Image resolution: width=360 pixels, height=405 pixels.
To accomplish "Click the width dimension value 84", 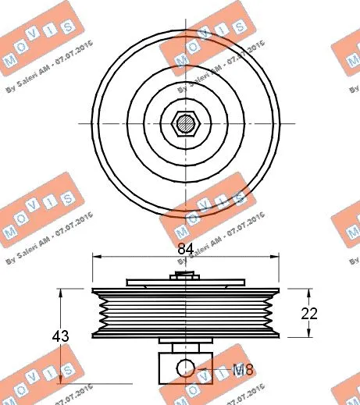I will (184, 249).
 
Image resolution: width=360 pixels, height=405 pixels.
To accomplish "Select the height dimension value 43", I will (60, 336).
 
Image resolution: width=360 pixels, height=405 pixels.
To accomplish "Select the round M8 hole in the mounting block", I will (184, 368).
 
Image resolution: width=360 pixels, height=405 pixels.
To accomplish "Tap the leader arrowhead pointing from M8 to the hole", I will (197, 368).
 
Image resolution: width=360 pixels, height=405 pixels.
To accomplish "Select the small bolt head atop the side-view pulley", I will (184, 274).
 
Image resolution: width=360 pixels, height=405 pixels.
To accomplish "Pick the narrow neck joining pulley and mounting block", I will (184, 347).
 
